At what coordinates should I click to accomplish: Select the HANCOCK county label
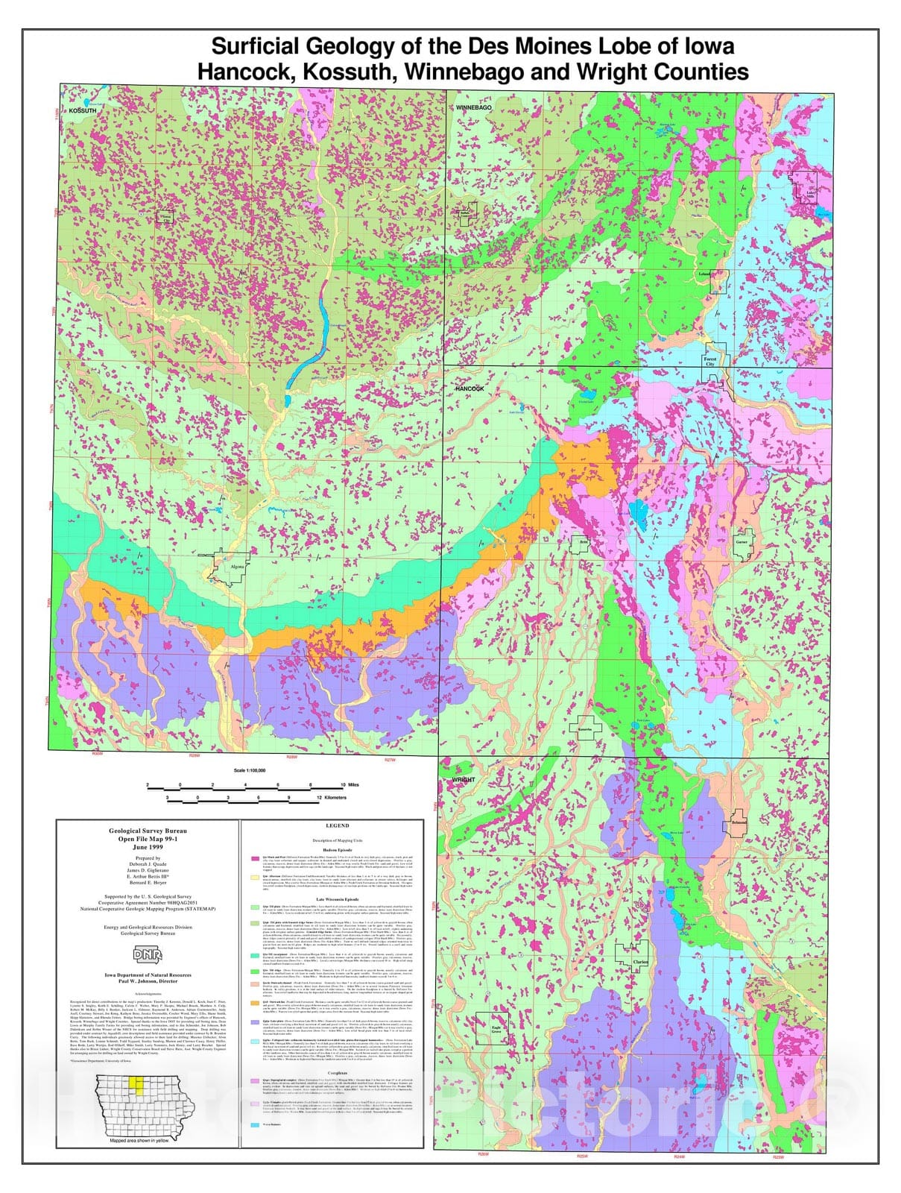[470, 388]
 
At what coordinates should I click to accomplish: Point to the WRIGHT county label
[463, 780]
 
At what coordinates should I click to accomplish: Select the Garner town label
[741, 542]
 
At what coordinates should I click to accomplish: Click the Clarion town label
[640, 962]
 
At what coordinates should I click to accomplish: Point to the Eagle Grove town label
[496, 1030]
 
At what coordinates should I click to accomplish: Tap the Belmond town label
[738, 822]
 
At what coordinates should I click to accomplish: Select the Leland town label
[704, 274]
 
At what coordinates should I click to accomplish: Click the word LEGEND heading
[337, 826]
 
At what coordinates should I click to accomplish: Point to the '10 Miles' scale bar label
[349, 785]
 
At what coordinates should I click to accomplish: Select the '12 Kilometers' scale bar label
[332, 798]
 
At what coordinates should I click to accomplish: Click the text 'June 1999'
[148, 847]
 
